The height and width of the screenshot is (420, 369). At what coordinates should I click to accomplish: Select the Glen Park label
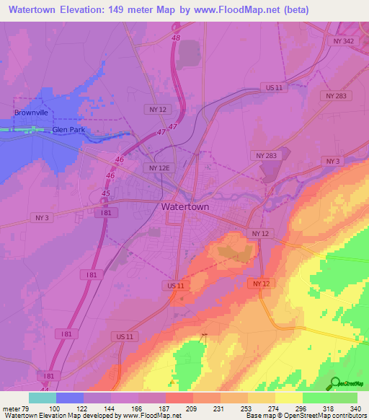[68, 131]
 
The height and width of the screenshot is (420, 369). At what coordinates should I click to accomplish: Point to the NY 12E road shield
[159, 167]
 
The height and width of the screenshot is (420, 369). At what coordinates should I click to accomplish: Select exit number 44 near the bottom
[45, 389]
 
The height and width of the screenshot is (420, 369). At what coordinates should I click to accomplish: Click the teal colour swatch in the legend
[43, 398]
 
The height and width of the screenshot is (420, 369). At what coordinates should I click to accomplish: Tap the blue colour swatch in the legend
[70, 398]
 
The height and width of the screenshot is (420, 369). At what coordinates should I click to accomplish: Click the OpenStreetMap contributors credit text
[324, 416]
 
